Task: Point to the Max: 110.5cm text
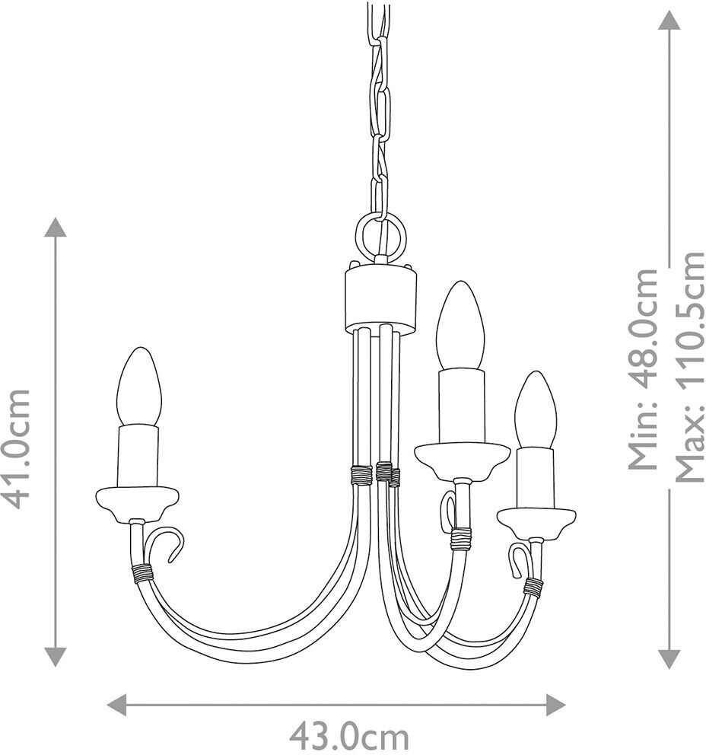(689, 366)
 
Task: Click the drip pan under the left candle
(137, 505)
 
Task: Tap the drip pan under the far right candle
(536, 522)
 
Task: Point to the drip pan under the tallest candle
(463, 460)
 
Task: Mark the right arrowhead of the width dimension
(555, 705)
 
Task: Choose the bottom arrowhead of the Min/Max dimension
(669, 658)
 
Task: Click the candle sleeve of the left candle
(138, 456)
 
